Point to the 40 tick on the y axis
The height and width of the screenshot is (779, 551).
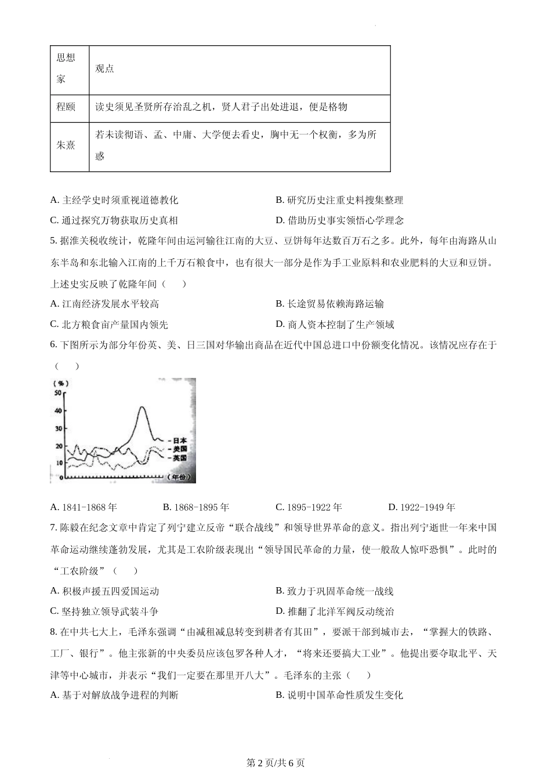click(57, 411)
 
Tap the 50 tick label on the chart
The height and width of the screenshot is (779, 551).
click(57, 393)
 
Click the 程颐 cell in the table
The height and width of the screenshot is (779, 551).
click(66, 107)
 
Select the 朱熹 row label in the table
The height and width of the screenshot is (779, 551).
click(66, 145)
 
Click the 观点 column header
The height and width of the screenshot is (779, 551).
click(105, 69)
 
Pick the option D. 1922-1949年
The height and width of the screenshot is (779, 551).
click(422, 507)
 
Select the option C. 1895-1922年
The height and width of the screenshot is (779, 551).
click(309, 507)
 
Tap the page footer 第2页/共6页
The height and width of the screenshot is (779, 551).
click(275, 763)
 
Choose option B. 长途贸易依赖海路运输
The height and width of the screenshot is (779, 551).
click(329, 304)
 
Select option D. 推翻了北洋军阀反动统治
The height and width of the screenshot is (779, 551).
click(335, 611)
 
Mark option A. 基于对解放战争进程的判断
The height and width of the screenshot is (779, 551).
click(114, 695)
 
